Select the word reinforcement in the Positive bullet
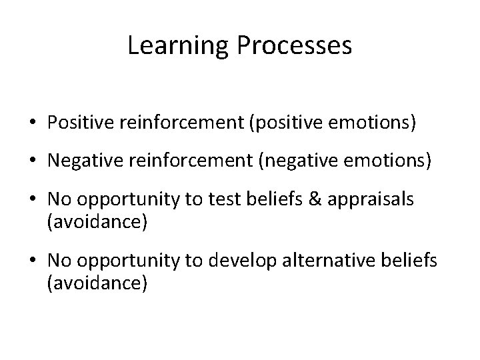180,123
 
